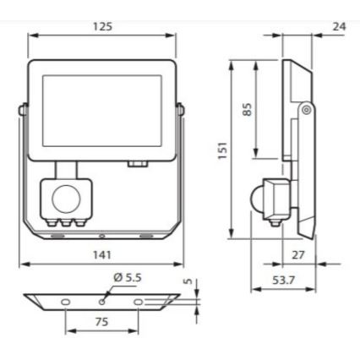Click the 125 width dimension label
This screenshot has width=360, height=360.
(103, 26)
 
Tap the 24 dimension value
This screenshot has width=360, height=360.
(339, 27)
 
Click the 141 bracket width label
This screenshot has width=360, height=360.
(103, 254)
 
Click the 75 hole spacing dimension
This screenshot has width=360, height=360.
(101, 320)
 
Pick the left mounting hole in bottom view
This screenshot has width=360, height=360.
(65, 301)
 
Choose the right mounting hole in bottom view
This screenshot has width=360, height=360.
(139, 301)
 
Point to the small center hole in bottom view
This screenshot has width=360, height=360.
(102, 297)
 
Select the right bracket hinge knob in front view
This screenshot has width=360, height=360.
(180, 108)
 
